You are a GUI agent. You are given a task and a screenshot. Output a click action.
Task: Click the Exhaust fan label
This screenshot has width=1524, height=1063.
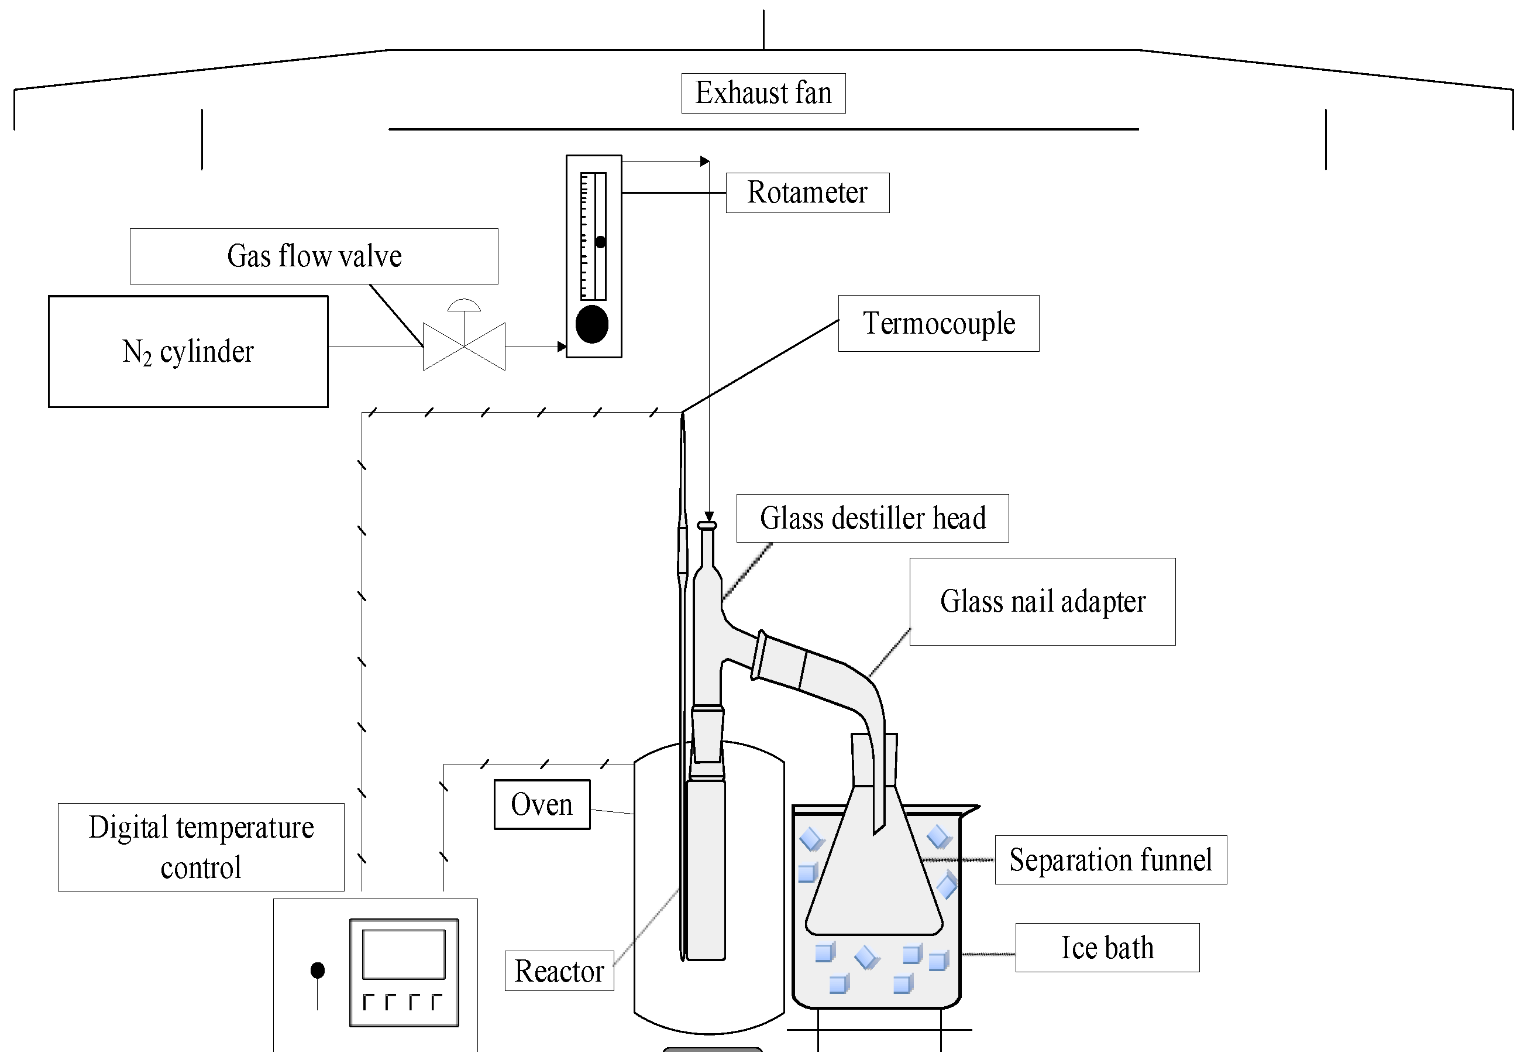point(763,93)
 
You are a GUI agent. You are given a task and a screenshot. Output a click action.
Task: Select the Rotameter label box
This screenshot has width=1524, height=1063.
point(807,193)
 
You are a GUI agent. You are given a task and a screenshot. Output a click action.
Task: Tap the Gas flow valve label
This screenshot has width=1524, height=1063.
point(314,256)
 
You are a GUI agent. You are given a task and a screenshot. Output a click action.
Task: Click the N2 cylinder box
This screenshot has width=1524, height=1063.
point(188,351)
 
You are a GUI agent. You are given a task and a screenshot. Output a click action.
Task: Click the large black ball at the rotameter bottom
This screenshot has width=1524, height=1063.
point(592,324)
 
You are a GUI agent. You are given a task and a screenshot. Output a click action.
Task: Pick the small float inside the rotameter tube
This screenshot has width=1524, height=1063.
point(600,242)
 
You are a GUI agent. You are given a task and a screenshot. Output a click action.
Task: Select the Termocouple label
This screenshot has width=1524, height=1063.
point(938,323)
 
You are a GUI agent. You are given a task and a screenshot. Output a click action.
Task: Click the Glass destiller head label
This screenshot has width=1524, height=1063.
point(872,519)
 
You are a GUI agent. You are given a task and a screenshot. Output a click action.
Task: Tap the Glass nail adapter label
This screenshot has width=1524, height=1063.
point(1042,602)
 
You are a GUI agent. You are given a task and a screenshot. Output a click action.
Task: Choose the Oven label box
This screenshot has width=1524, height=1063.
point(542,804)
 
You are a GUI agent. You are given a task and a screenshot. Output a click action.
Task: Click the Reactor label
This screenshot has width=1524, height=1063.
point(559,971)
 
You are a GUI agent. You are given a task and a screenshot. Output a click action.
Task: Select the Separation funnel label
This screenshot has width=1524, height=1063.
point(1110,860)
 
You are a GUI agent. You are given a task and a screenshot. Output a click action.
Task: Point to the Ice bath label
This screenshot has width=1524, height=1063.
point(1107,948)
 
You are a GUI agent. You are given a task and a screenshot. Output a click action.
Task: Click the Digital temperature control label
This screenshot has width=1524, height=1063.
point(201,847)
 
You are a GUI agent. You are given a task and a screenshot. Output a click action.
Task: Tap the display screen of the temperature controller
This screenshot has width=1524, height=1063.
point(404,954)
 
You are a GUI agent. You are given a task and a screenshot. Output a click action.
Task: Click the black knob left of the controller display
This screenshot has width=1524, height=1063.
point(318,970)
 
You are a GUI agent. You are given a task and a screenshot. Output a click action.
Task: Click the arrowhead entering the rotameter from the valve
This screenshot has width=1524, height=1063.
point(562,347)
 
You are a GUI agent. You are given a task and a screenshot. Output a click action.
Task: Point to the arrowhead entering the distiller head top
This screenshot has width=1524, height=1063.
point(709,516)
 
